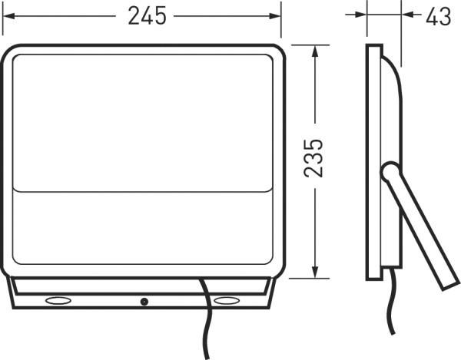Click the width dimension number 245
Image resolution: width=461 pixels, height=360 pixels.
coord(148,16)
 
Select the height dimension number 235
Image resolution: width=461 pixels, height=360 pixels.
coord(313,159)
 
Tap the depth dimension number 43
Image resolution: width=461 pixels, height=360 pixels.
coord(438,16)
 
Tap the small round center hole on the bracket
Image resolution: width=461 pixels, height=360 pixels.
coord(143,301)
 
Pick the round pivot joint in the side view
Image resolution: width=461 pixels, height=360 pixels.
coord(390,170)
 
